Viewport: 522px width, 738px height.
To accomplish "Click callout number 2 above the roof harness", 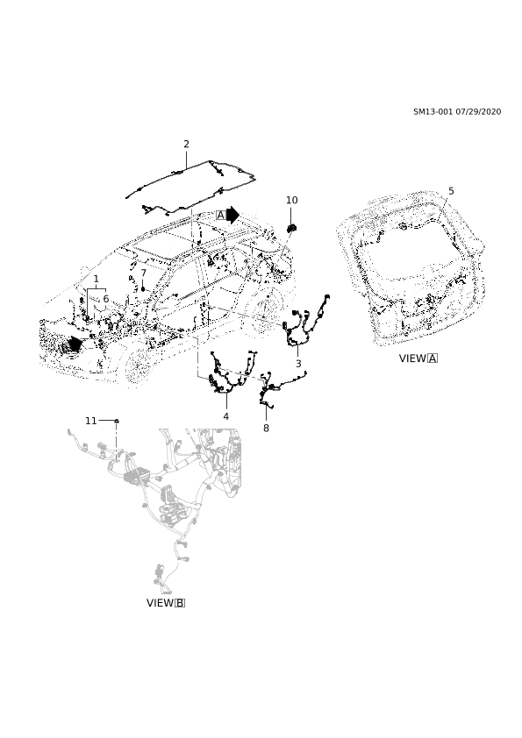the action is point(186,144).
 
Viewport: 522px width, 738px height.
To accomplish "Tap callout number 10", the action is point(291,200).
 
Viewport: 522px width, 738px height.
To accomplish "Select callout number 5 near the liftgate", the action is point(451,191).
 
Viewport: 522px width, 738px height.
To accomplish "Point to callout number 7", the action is point(144,273).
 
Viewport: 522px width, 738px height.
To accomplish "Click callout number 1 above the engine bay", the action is point(97,279).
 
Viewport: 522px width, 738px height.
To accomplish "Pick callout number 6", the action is point(106,299).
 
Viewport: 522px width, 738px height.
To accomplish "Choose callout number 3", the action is point(298,364).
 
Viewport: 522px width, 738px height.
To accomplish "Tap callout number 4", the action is point(226,416).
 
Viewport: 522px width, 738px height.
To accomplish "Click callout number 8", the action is point(266,429).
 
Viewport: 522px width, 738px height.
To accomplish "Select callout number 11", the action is point(91,421).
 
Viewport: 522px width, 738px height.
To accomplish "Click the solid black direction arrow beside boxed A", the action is point(233,215).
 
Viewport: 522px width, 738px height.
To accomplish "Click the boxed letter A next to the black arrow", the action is point(220,216).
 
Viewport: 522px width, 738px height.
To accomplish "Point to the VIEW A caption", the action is point(418,358).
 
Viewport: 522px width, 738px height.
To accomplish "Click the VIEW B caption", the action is point(166,603).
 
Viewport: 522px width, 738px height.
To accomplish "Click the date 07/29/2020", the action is point(478,112).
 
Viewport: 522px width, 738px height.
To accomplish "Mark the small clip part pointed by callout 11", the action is point(117,421).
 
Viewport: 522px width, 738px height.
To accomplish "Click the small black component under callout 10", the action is point(291,229).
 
